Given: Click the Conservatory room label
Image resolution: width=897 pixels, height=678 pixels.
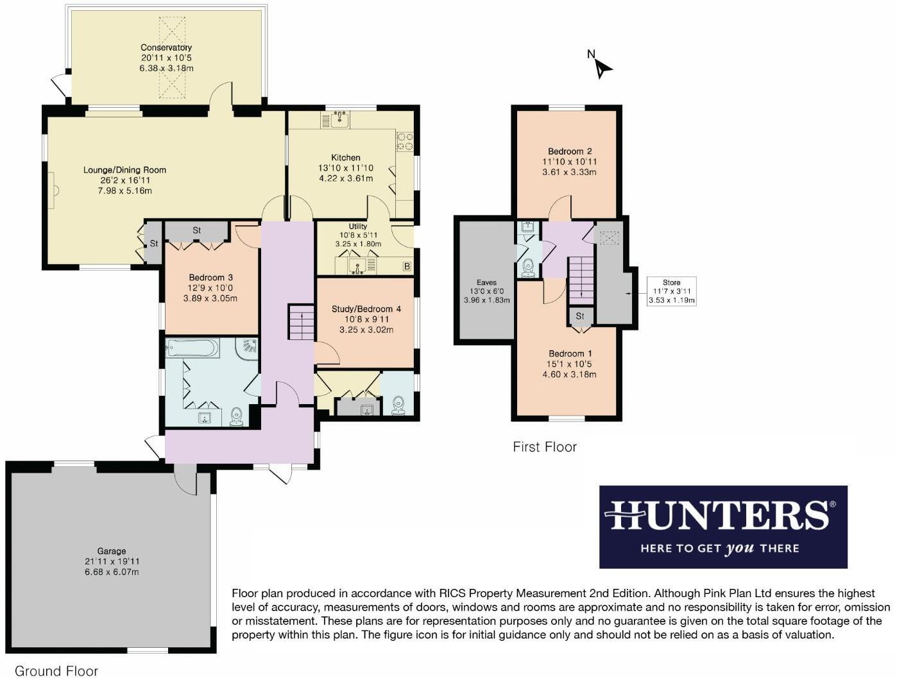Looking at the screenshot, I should [166, 47].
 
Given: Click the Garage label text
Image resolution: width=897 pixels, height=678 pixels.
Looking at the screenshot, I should [112, 551].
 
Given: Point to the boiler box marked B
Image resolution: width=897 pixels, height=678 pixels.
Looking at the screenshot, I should [406, 266].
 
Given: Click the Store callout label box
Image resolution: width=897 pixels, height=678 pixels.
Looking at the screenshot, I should [671, 291].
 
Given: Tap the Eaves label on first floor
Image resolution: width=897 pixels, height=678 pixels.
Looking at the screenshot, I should [486, 282].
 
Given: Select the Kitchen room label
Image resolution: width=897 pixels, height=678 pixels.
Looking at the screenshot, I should [345, 158].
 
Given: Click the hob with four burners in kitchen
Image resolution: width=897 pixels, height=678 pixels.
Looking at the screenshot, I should [404, 141].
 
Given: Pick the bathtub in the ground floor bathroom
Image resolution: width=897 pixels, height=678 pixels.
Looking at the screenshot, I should [192, 348].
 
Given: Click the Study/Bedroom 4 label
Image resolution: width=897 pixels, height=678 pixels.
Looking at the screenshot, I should [366, 309].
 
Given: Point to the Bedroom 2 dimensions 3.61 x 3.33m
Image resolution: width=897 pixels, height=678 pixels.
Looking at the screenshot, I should [570, 172].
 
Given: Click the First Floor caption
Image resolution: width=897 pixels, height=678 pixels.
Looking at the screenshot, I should [544, 447].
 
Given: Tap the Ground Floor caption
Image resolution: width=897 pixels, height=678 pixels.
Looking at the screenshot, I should [56, 671].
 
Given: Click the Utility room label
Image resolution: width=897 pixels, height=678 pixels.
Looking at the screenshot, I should [358, 226].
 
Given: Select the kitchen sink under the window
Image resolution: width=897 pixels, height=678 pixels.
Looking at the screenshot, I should [339, 119].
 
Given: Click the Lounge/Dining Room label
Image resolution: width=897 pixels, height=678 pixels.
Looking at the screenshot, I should [124, 170].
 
